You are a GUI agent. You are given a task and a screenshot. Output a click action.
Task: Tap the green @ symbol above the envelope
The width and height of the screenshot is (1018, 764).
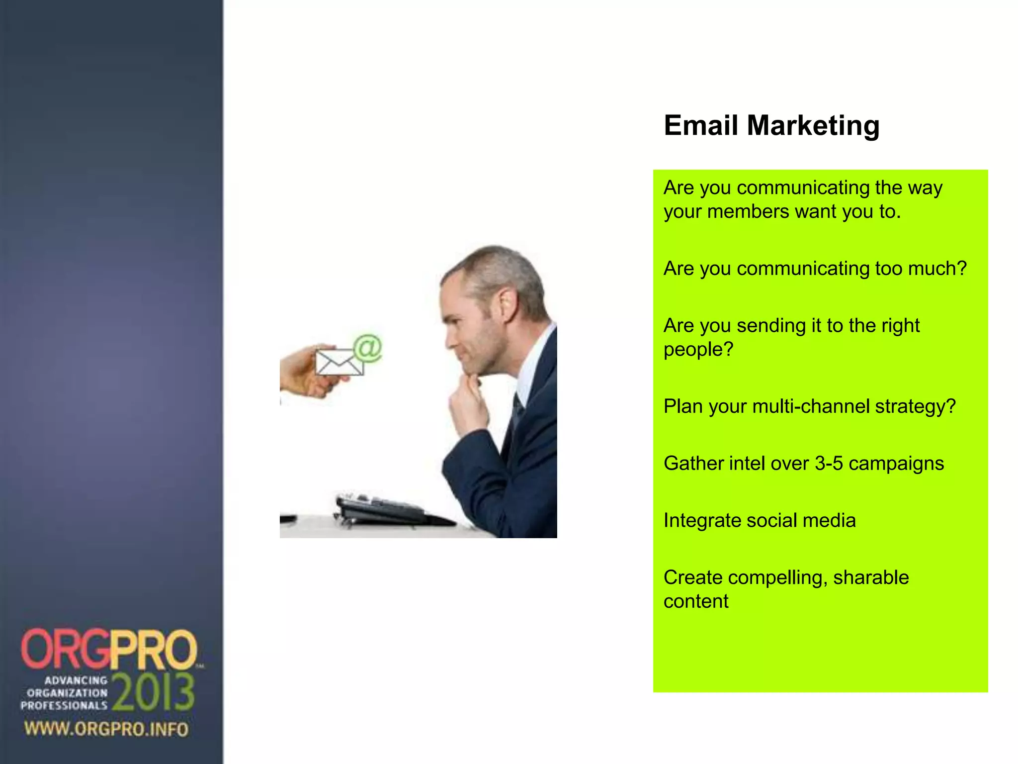(x=368, y=348)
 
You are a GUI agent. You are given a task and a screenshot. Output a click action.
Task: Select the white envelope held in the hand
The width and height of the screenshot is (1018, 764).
(x=339, y=362)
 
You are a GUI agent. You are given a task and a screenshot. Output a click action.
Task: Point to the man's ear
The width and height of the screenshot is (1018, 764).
(x=508, y=303)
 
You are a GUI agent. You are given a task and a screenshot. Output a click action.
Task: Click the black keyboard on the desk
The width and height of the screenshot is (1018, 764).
(x=383, y=510)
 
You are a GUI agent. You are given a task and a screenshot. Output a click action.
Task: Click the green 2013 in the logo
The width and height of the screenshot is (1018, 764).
(x=154, y=692)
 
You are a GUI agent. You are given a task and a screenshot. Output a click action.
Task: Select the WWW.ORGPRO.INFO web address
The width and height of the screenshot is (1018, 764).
(x=106, y=729)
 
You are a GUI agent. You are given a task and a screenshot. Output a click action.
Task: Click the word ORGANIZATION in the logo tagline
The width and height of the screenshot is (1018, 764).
(x=67, y=693)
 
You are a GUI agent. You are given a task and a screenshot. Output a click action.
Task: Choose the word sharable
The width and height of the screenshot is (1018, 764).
(x=871, y=577)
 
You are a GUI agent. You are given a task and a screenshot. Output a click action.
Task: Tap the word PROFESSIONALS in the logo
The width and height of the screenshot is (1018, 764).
(x=64, y=705)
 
